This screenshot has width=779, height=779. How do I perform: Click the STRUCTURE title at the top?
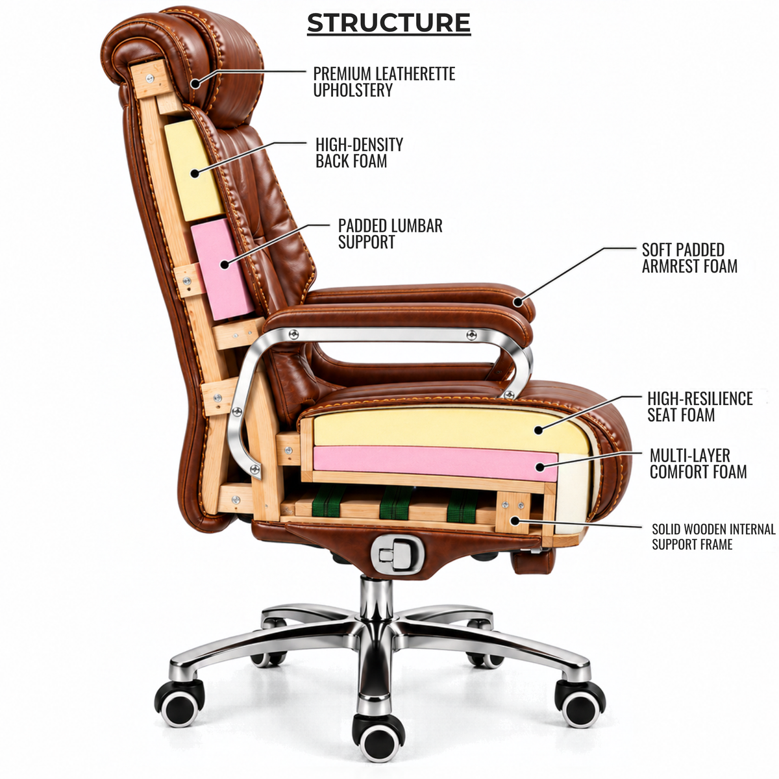point(388,23)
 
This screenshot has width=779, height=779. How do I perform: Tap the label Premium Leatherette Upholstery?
point(384,82)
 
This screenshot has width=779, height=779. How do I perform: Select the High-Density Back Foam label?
point(359,153)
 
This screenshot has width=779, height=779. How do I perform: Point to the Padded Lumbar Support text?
point(390,234)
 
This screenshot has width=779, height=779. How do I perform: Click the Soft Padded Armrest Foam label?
point(689,258)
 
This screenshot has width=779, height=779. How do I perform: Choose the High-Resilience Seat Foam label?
point(700,406)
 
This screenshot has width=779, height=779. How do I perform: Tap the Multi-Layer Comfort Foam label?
point(698,464)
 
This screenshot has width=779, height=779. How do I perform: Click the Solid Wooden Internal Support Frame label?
point(713,536)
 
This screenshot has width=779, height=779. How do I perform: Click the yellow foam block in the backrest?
point(193,170)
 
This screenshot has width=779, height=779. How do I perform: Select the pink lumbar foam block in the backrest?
point(221,269)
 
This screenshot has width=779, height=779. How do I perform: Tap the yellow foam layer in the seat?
point(451,430)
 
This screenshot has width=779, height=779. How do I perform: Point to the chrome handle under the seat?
point(399,554)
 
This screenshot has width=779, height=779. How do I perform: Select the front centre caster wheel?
point(378,731)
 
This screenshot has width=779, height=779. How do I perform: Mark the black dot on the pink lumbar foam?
point(225,264)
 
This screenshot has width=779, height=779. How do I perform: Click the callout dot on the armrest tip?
point(518,301)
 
